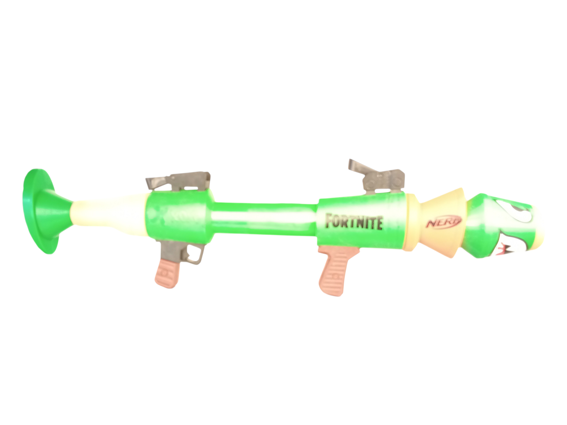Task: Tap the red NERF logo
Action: [443, 222]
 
